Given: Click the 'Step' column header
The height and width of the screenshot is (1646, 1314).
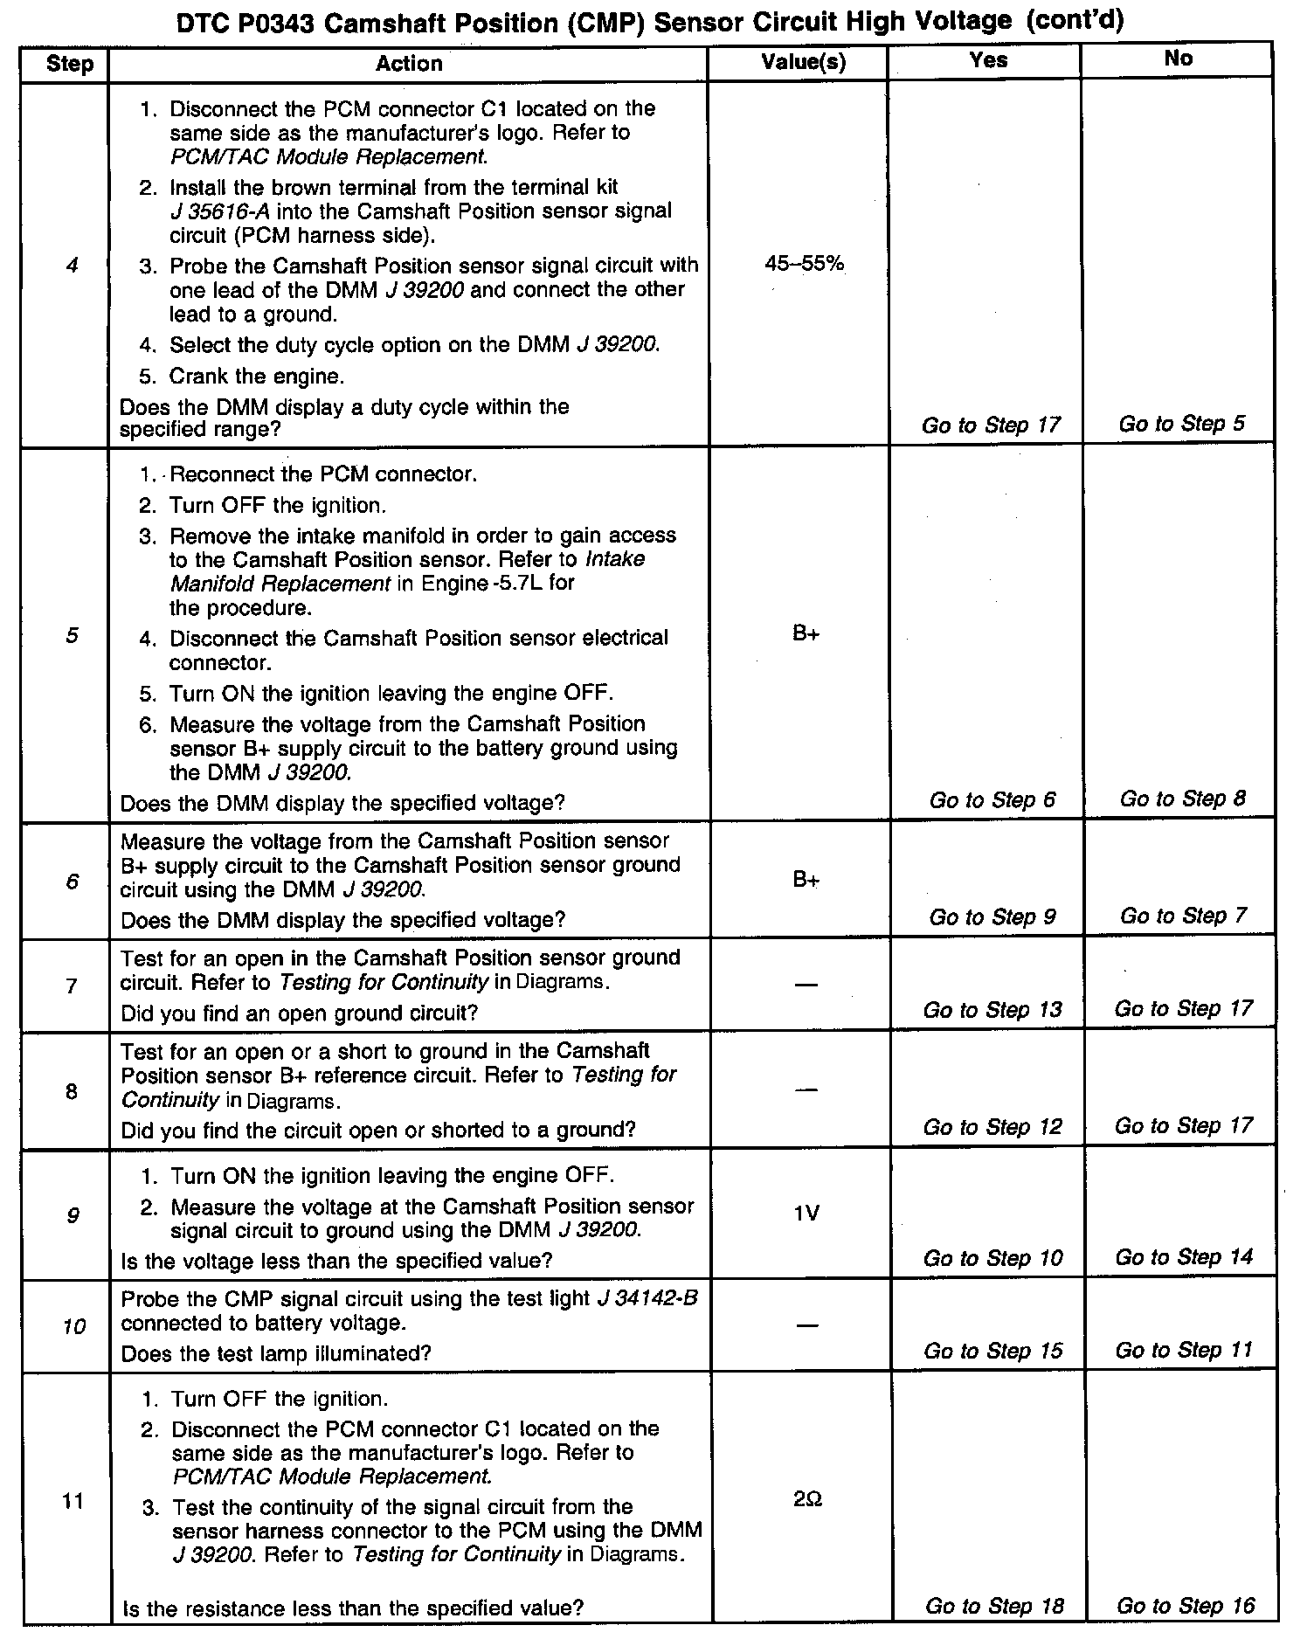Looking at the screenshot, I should (x=69, y=64).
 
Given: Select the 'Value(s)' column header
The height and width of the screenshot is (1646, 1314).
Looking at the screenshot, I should (x=804, y=62).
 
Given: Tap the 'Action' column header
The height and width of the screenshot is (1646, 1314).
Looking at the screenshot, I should (x=409, y=63).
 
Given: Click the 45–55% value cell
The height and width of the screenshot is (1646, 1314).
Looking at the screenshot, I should (x=805, y=263).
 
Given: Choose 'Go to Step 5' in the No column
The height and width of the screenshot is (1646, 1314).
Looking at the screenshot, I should (x=1181, y=424).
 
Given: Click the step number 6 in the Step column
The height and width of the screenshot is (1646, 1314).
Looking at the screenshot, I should (x=72, y=882).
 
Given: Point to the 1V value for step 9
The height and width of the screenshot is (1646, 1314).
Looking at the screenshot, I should (x=806, y=1213).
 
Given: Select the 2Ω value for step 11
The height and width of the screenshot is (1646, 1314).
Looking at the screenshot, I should (x=807, y=1499).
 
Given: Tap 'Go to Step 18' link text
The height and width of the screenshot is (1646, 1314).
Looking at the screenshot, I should (x=994, y=1606).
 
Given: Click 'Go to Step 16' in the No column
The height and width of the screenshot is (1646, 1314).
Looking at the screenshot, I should (x=1185, y=1605).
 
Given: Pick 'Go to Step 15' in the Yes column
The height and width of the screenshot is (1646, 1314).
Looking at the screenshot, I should (x=993, y=1351).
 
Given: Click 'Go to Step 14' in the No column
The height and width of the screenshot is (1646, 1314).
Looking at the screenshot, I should (x=1184, y=1257).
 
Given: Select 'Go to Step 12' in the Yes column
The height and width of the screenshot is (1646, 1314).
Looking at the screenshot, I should (x=992, y=1127).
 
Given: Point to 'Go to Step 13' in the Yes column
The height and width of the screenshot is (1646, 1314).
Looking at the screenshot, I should (x=992, y=1010).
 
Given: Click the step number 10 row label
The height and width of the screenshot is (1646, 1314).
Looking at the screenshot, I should (x=74, y=1326).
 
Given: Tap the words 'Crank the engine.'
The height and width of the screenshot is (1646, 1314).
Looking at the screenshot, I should (x=257, y=377).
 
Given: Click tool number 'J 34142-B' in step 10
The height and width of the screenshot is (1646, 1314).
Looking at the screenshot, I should (x=647, y=1298).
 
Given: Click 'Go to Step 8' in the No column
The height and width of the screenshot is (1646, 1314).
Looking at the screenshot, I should (x=1183, y=799).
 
